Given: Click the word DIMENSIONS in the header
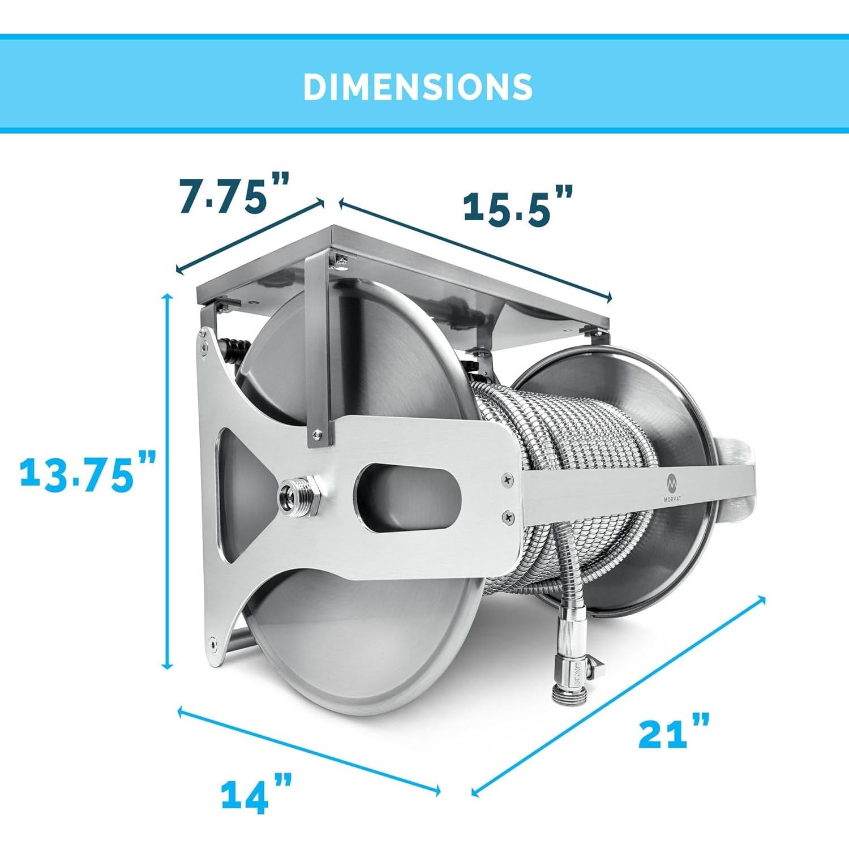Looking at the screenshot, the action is coord(418,87).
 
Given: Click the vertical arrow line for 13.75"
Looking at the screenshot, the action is coord(167,482).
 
